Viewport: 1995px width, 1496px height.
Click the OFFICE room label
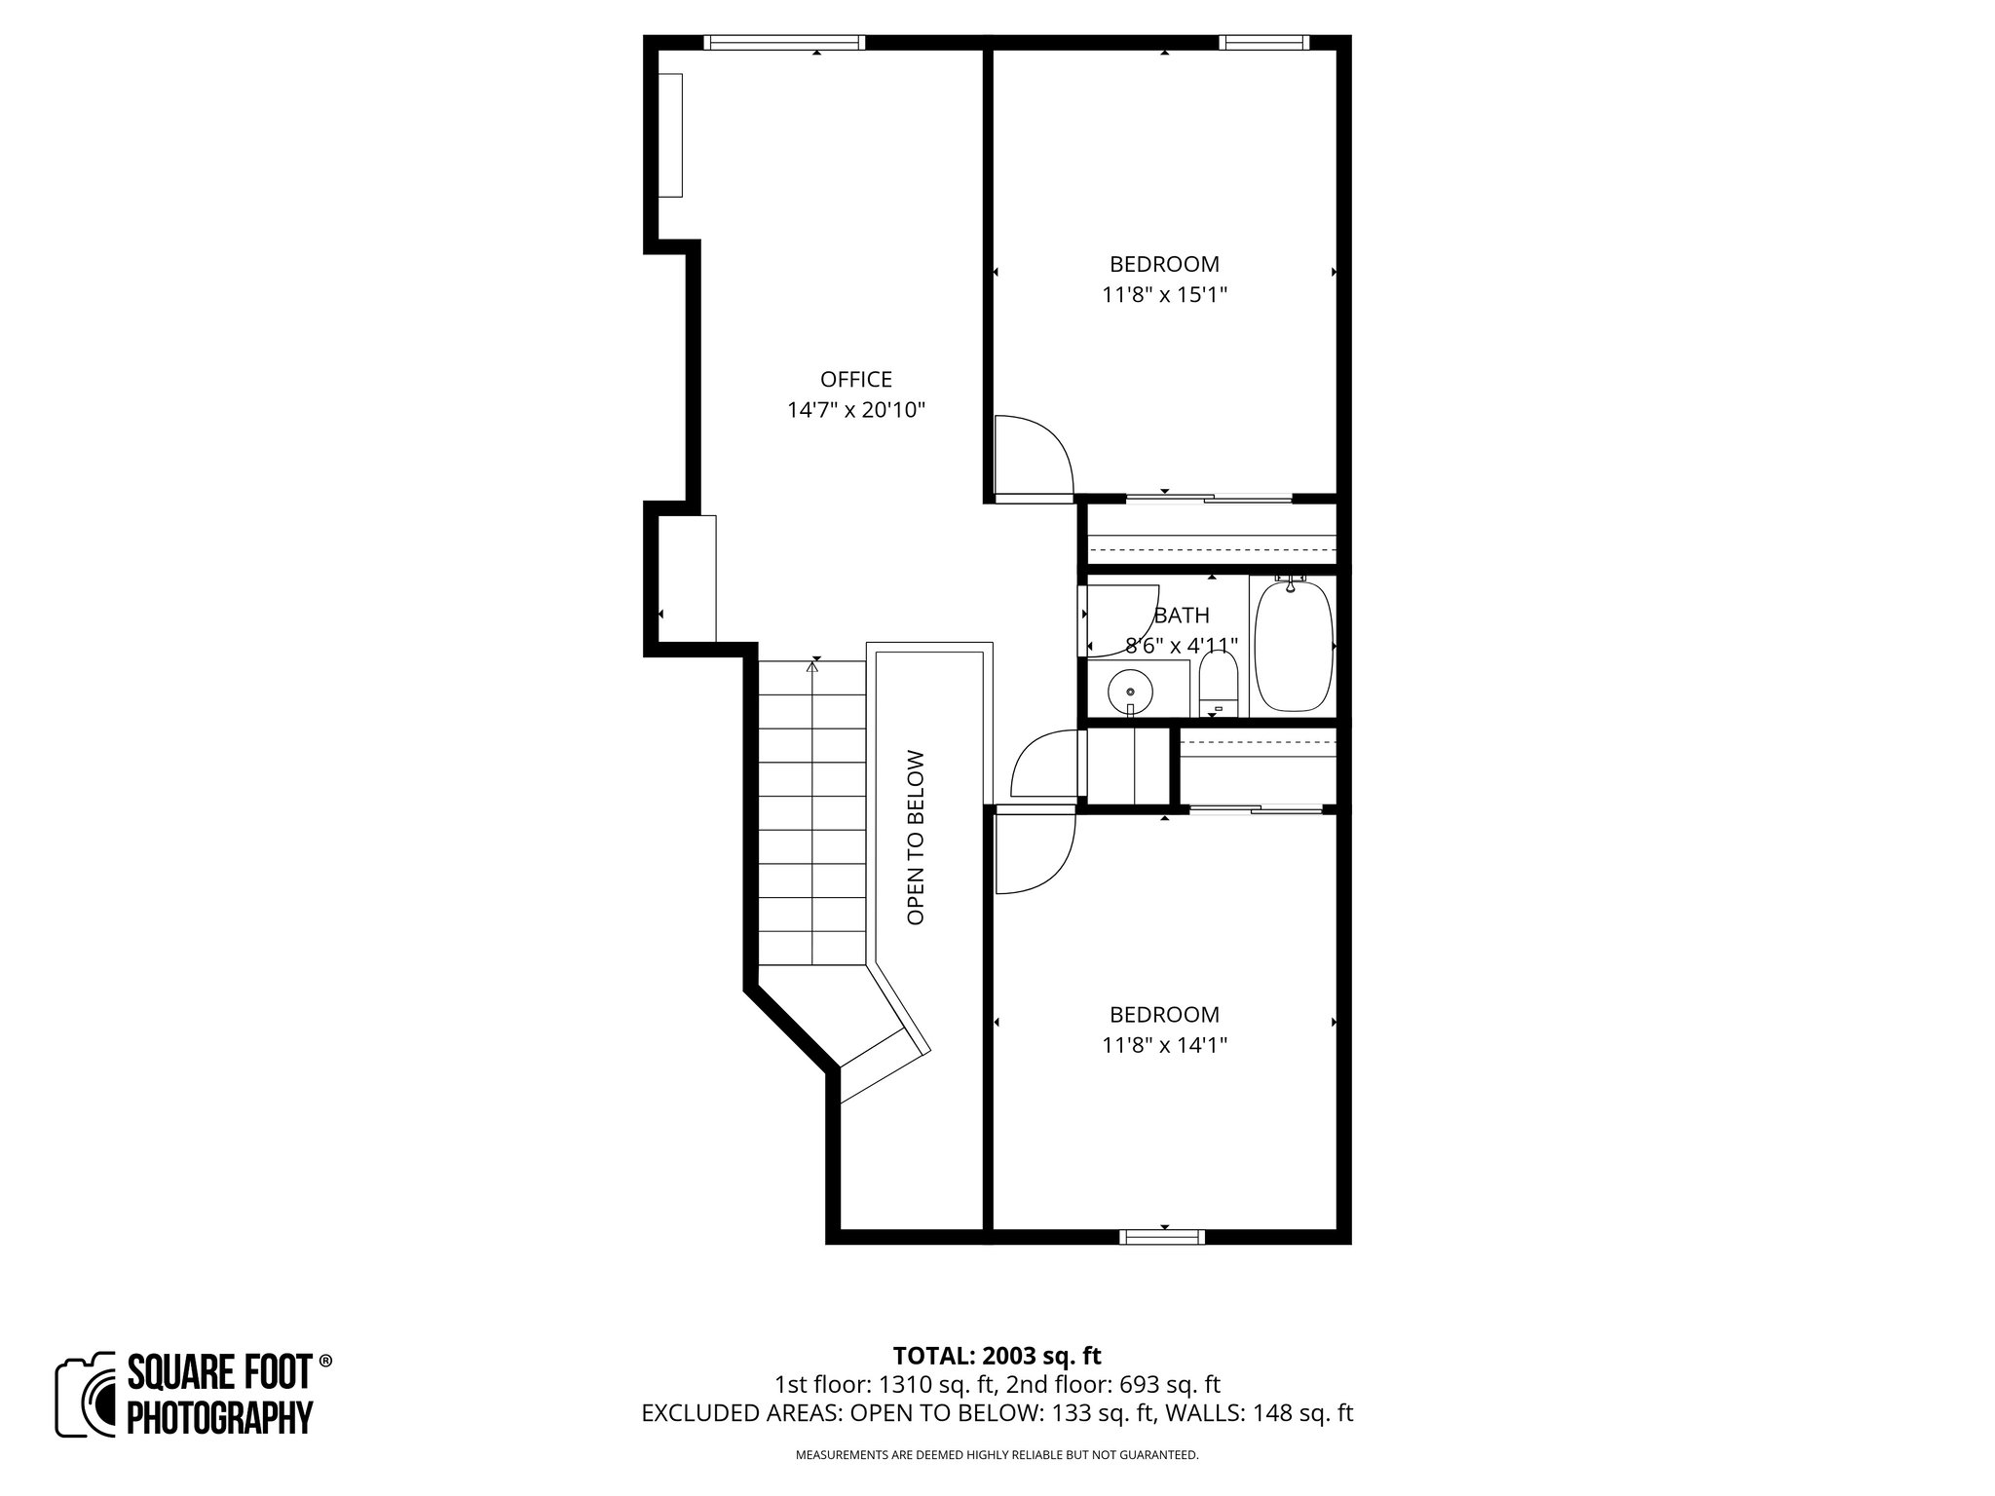coord(855,379)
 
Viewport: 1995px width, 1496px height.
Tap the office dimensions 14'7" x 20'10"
coord(855,410)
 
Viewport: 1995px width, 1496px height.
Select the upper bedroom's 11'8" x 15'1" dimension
coord(1164,295)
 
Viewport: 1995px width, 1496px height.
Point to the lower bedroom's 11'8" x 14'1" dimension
coord(1164,1045)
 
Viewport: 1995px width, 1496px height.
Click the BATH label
coord(1182,616)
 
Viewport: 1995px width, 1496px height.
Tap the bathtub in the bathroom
coord(1293,647)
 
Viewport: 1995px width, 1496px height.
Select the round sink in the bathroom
coord(1130,692)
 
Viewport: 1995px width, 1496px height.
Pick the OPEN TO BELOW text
coord(915,837)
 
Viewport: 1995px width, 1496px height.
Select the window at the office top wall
coord(785,42)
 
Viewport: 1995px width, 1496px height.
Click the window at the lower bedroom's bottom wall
coord(1162,1237)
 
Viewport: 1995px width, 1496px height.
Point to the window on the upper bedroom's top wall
coord(1263,42)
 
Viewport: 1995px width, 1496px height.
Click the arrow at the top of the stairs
coord(812,667)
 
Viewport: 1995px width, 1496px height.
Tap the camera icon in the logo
coord(86,1395)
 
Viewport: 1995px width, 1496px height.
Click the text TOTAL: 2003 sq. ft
coord(997,1356)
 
